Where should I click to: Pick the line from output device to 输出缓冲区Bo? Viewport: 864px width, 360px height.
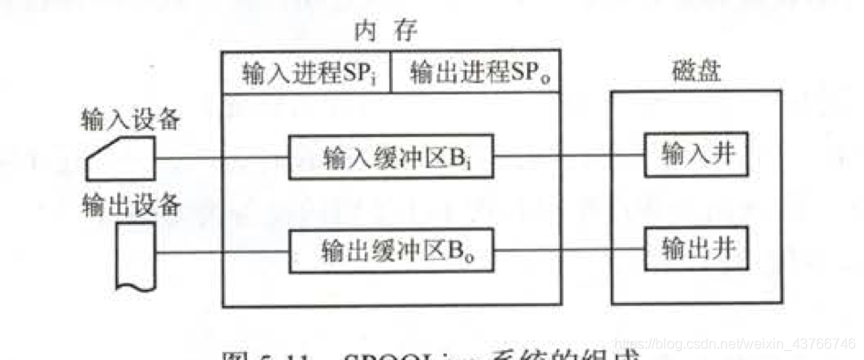(x=222, y=252)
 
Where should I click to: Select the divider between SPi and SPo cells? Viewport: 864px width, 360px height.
(x=391, y=74)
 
